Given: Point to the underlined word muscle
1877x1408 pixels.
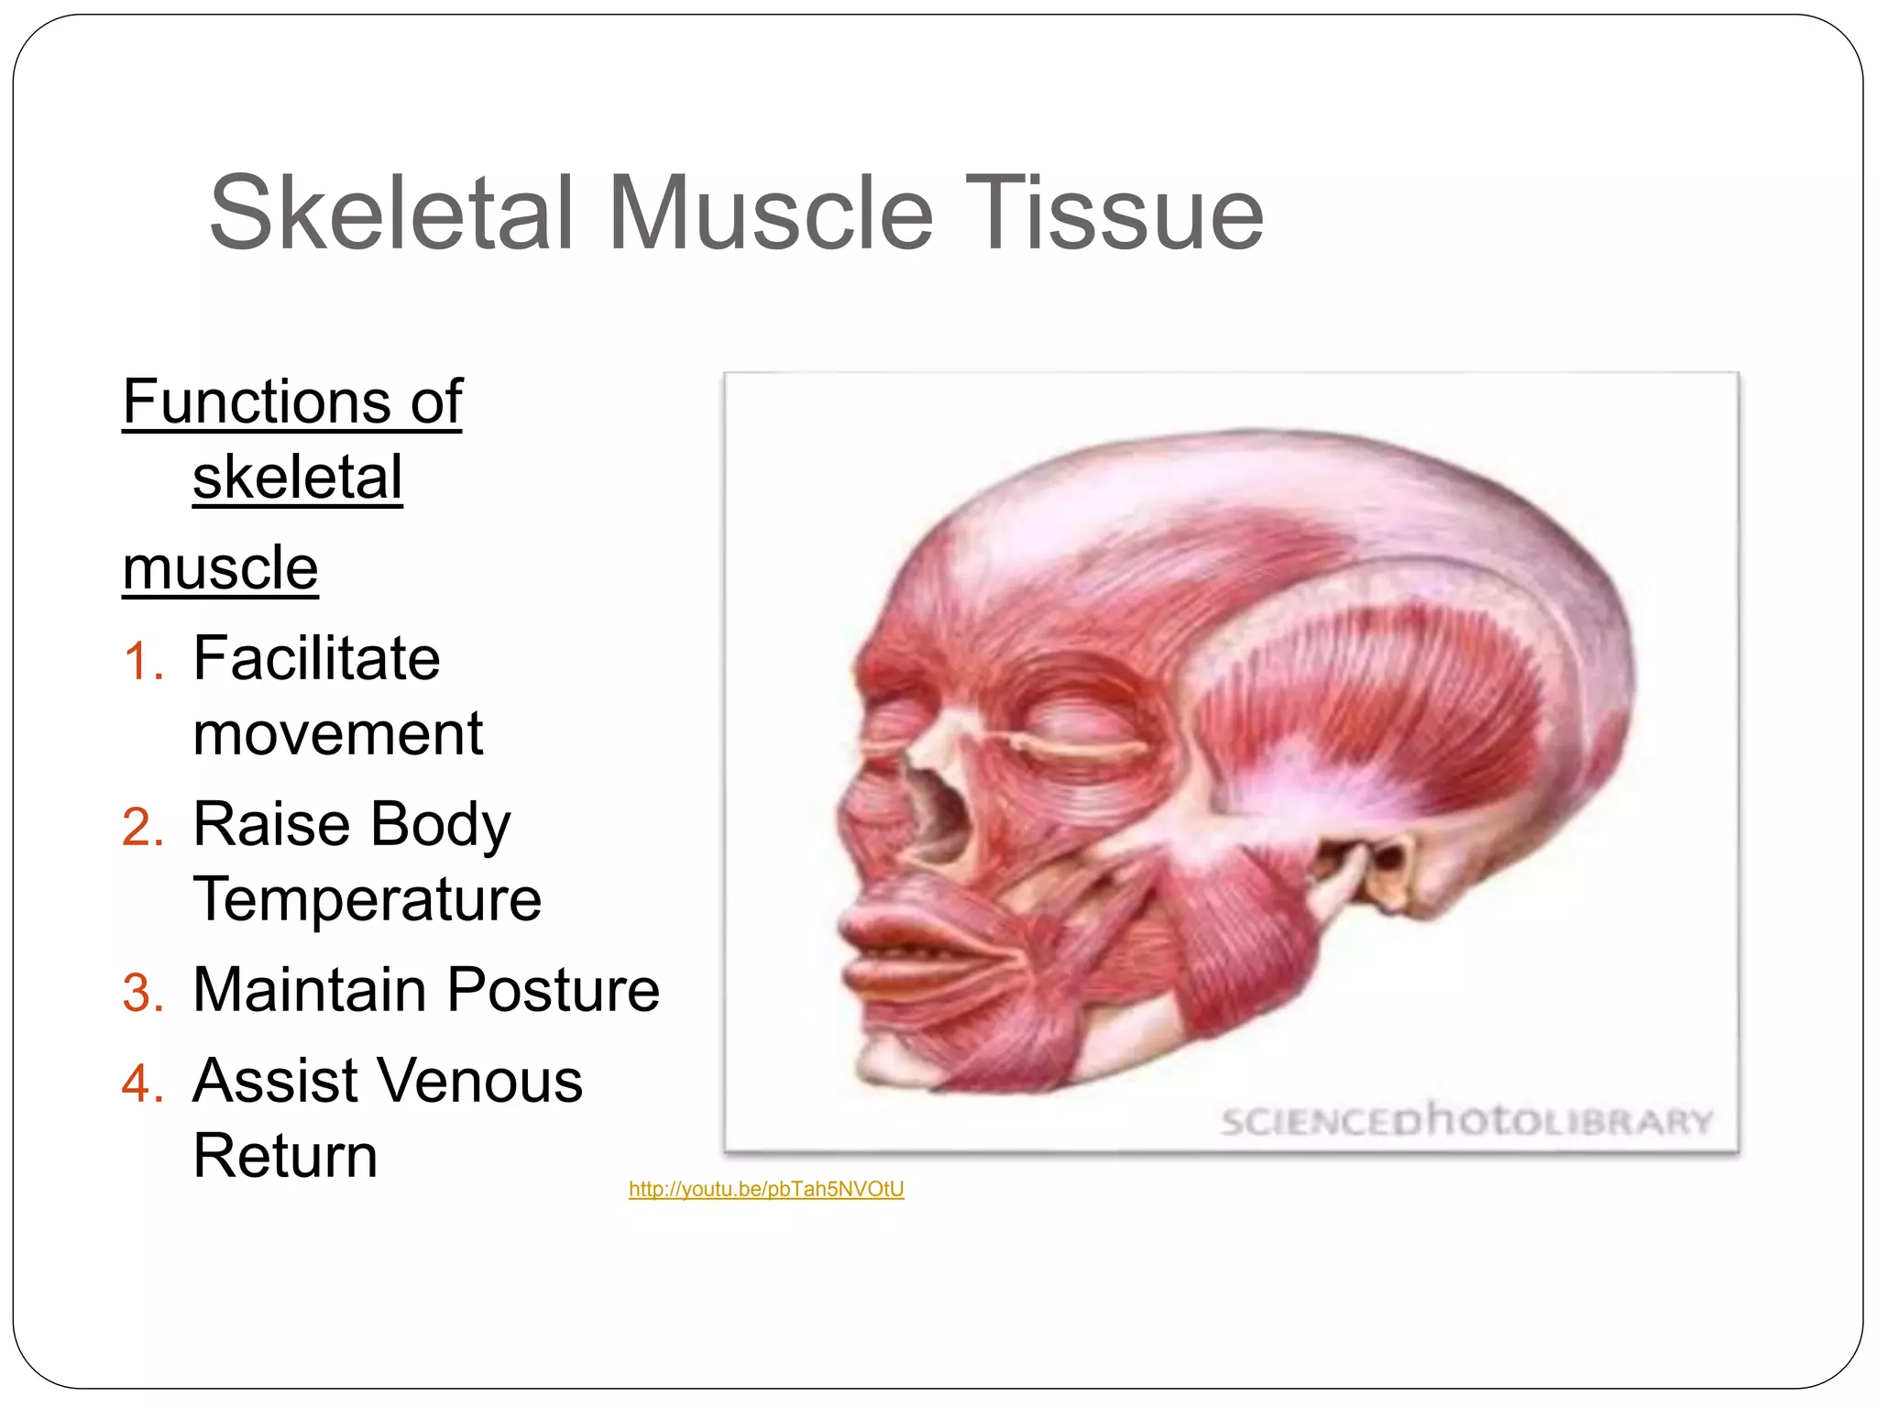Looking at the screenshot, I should pos(220,568).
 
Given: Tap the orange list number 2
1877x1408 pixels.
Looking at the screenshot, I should pos(142,828).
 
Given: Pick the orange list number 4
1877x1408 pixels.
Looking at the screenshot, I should pos(142,1083).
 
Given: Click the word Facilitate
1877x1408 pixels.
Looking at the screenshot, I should pos(316,658).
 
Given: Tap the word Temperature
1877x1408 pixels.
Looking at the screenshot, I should pos(367,899).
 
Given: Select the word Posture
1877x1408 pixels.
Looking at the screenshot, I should pos(553,990).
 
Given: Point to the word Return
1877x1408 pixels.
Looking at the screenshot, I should pos(285,1156).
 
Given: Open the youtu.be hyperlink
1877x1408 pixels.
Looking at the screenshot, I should pos(766,1189).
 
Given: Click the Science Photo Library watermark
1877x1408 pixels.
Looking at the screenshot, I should pos(1466,1120).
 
